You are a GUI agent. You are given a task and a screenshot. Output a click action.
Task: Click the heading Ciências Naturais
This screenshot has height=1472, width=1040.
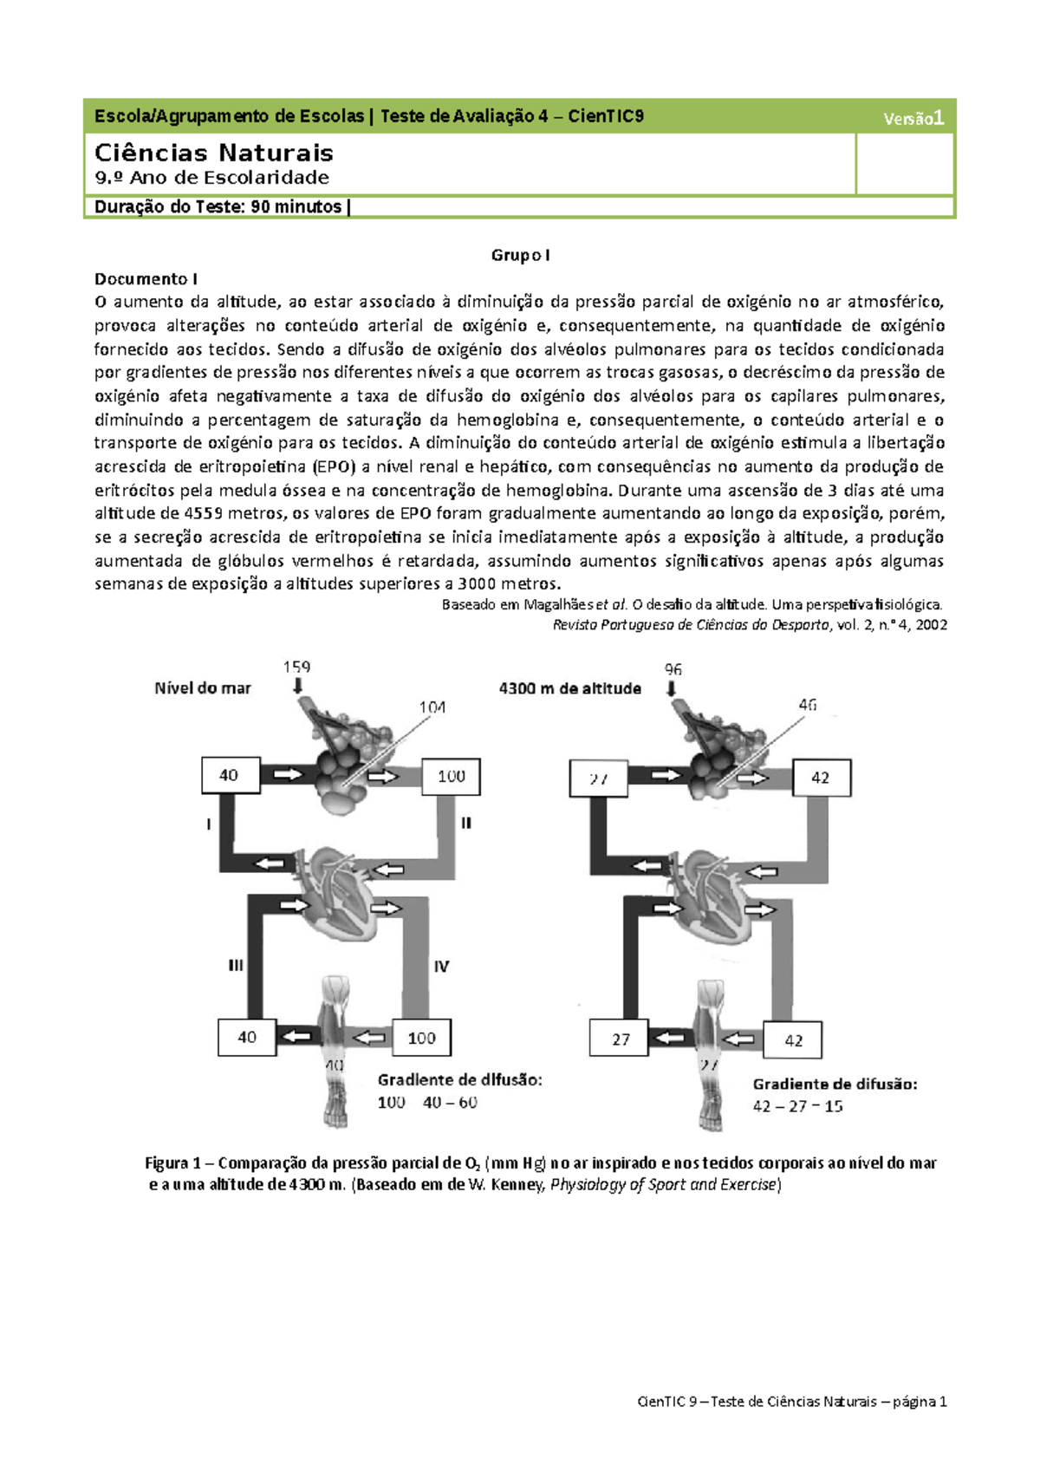(213, 153)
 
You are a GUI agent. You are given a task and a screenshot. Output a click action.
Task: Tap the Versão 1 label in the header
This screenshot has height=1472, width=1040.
(913, 118)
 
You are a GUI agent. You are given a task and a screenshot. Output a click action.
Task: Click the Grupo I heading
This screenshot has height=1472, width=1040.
(520, 255)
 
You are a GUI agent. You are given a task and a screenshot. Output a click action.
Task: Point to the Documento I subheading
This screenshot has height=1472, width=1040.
(146, 278)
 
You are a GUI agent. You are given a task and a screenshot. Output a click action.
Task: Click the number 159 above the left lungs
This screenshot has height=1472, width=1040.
(296, 667)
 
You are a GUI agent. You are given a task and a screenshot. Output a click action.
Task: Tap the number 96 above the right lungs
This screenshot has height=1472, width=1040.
(673, 669)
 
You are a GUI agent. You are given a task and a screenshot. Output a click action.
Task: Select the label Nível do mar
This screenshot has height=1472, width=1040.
(202, 688)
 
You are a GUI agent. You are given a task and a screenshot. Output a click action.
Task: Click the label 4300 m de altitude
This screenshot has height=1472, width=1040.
(569, 688)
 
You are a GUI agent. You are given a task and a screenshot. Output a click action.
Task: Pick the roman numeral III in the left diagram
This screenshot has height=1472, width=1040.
(235, 965)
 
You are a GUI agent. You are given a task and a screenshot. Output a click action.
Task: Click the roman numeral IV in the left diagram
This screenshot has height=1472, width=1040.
(441, 966)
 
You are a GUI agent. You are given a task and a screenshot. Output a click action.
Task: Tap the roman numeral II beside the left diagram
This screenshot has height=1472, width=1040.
(465, 823)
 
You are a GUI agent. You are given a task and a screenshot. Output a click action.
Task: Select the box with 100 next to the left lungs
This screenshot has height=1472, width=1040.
(451, 776)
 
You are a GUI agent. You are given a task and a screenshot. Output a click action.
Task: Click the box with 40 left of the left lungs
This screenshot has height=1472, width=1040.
(230, 775)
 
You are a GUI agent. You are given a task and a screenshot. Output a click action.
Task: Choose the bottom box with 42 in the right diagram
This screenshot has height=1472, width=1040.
(793, 1039)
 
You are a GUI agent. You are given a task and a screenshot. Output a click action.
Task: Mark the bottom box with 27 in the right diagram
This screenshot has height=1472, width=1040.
(620, 1039)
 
